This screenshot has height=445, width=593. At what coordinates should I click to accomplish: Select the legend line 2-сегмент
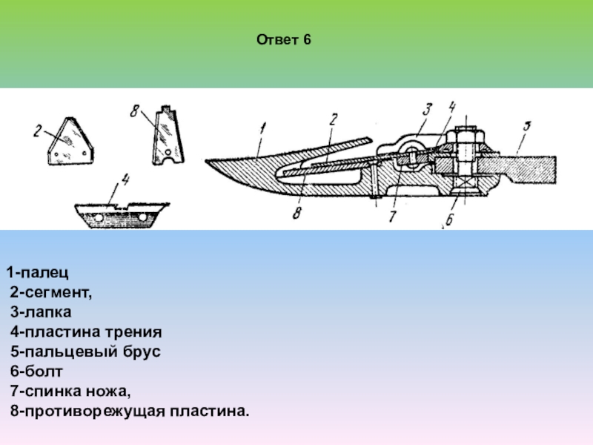point(52,293)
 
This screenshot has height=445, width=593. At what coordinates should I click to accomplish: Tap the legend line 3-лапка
point(46,312)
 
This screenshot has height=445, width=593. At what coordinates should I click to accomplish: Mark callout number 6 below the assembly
point(450,220)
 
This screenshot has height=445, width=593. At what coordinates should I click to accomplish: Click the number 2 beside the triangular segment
point(36,132)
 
